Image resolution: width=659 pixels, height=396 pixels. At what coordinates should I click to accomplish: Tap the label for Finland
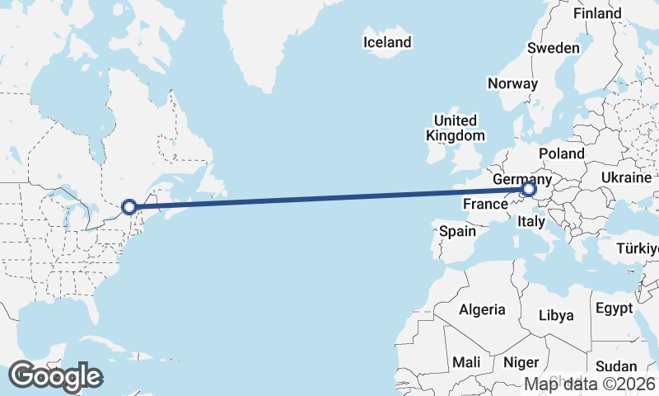597,14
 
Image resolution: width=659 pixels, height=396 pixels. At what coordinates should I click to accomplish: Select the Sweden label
554,48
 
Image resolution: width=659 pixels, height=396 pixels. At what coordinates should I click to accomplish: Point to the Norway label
512,83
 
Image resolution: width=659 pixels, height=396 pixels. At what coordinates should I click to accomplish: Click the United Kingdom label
456,128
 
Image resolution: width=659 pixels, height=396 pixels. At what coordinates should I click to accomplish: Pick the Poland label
562,153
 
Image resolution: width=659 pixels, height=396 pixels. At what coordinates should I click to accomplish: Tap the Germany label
522,179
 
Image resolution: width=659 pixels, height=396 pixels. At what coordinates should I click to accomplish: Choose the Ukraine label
628,178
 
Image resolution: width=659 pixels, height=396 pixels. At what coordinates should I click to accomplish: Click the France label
484,204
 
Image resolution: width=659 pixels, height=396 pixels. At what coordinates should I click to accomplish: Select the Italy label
530,221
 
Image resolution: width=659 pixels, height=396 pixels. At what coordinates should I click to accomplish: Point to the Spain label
457,231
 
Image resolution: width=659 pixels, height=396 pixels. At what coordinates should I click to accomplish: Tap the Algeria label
482,309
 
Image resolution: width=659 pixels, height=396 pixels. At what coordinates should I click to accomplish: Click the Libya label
556,315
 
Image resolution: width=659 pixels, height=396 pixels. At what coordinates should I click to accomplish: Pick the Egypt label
615,309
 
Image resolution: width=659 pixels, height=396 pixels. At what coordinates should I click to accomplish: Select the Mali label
466,362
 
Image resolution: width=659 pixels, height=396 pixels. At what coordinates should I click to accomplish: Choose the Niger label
521,362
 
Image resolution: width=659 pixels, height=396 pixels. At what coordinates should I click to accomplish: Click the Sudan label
616,366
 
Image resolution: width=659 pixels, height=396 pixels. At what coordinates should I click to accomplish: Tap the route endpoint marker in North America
129,207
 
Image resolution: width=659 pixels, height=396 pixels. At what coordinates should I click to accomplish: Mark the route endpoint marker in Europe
529,191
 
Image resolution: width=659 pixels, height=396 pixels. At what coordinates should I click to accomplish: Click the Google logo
55,376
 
